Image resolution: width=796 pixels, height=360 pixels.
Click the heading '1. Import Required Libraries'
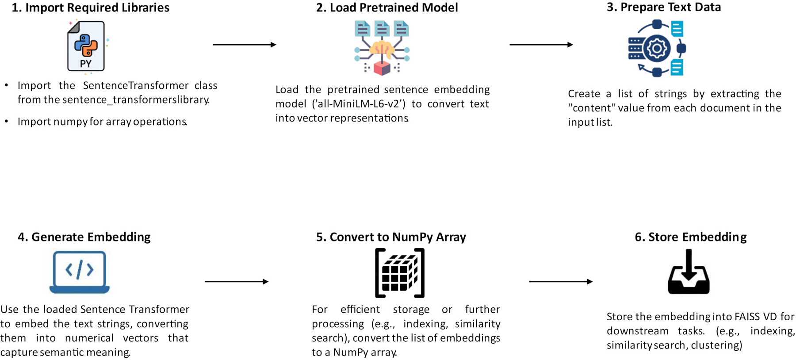[x=91, y=8]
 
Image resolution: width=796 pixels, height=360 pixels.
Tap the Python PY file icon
[x=86, y=46]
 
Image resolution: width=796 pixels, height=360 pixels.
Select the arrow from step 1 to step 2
[x=245, y=45]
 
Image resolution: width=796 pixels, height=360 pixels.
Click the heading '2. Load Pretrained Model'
[x=387, y=8]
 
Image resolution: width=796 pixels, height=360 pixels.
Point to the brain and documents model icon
[x=382, y=47]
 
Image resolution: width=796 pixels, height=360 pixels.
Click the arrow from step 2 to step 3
[x=541, y=45]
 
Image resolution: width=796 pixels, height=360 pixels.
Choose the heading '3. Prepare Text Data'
[x=664, y=7]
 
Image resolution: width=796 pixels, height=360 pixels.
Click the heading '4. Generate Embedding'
[x=84, y=237]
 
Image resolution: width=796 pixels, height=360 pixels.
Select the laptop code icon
[x=80, y=272]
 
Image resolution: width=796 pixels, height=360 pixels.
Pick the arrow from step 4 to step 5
[x=237, y=282]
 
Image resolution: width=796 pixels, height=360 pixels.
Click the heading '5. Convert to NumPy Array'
[x=391, y=237]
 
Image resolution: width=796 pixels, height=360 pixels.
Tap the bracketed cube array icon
[x=400, y=273]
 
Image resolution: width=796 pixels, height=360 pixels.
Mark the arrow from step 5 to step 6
[x=561, y=282]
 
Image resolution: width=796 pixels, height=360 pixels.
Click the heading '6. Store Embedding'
[x=691, y=237]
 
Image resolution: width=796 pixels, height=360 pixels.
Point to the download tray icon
[x=689, y=272]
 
